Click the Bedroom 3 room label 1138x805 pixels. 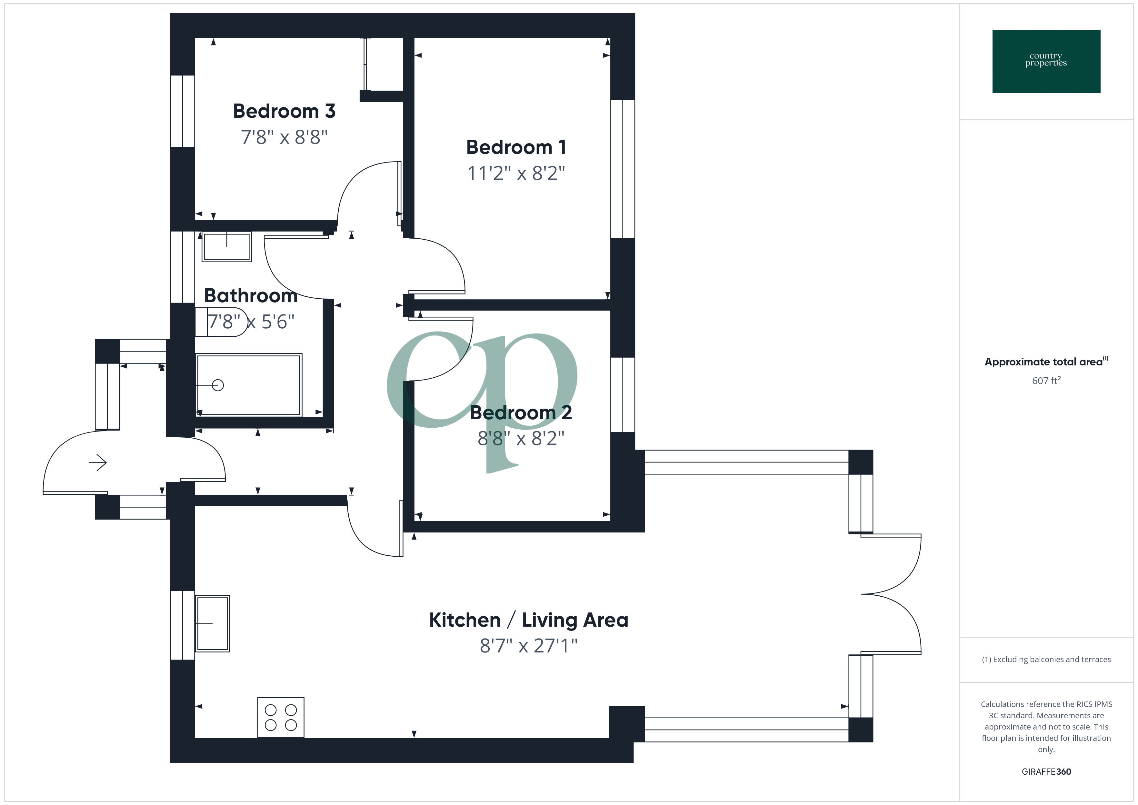[x=284, y=111]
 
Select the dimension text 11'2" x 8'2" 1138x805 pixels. [x=516, y=174]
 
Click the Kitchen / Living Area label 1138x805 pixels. [x=528, y=620]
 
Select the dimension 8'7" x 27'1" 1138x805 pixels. [x=528, y=646]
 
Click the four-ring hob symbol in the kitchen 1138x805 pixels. [x=281, y=717]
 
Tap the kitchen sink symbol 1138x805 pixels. [x=213, y=623]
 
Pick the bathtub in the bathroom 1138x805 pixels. [x=249, y=385]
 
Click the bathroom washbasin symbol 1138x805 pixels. [x=226, y=247]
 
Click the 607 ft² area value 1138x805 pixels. [x=1046, y=381]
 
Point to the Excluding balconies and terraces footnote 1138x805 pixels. [x=1046, y=659]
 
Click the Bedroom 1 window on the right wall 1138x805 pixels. [x=623, y=169]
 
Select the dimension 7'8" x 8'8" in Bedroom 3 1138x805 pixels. [x=284, y=137]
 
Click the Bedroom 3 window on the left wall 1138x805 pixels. [x=182, y=111]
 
